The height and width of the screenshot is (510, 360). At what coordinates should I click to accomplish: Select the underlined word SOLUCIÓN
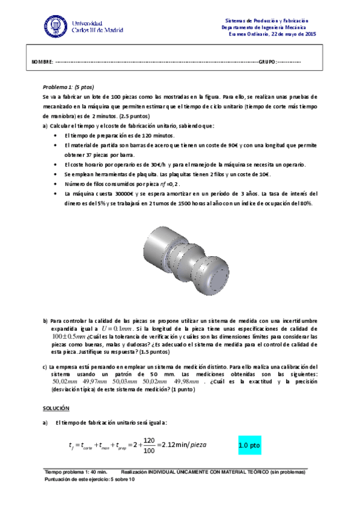click(x=56, y=408)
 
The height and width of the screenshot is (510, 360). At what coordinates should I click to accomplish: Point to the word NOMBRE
click(x=42, y=63)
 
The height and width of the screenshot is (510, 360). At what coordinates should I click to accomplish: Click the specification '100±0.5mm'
click(x=71, y=338)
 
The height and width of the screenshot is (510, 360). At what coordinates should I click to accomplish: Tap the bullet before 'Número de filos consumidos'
click(x=56, y=184)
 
